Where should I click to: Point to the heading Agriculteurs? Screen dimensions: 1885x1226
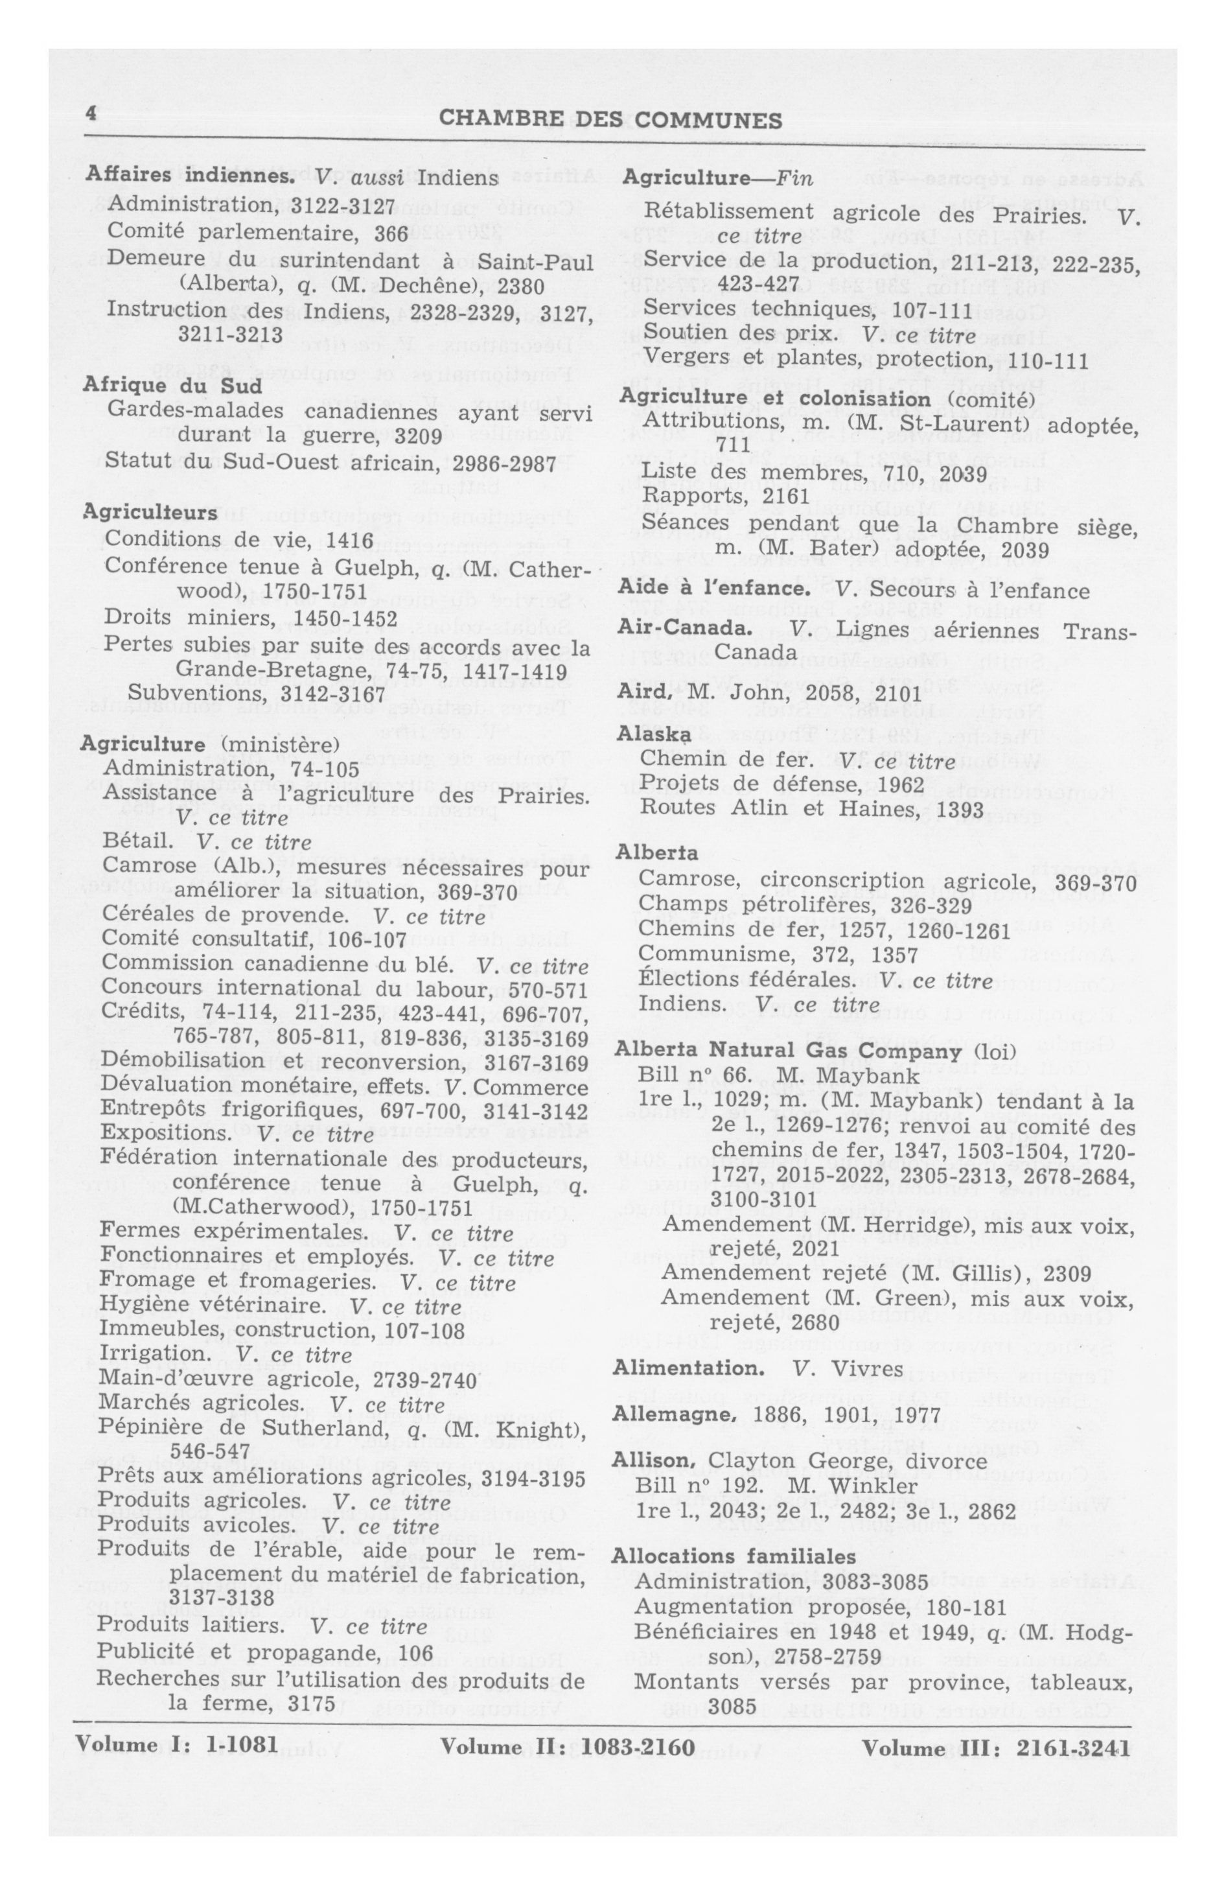[150, 513]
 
